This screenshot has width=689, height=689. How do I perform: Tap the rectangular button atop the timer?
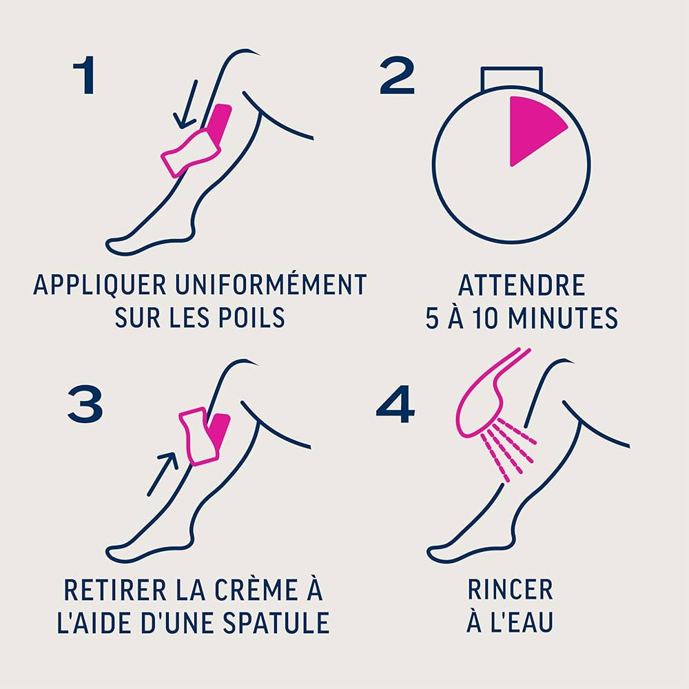click(x=511, y=78)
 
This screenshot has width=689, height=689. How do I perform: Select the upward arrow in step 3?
click(x=164, y=472)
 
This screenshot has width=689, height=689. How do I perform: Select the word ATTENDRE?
click(x=521, y=285)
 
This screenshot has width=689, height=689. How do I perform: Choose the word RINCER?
click(x=510, y=590)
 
